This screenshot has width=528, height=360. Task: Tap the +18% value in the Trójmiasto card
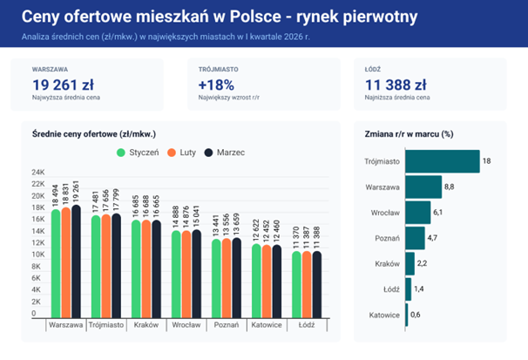(x=217, y=85)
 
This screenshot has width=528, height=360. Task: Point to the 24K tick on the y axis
(x=38, y=172)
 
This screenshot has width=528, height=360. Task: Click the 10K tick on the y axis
(x=38, y=254)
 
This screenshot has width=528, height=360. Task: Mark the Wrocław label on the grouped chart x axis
(x=187, y=325)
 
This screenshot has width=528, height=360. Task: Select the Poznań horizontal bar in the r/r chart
(x=415, y=238)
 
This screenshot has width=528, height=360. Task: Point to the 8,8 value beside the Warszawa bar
(x=449, y=187)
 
